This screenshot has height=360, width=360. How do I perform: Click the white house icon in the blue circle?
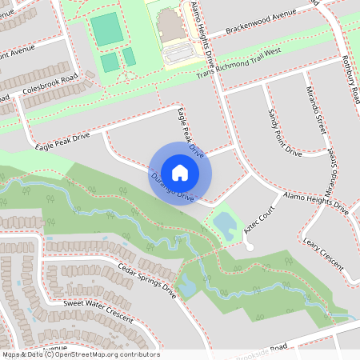coord(180,172)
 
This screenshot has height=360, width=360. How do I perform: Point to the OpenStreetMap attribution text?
coord(80,354)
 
